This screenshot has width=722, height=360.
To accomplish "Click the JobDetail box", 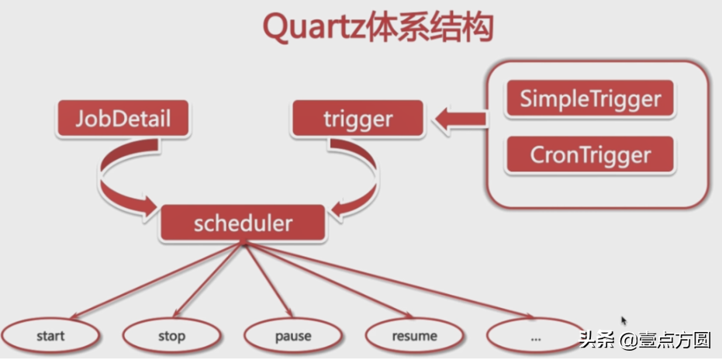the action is coord(123,119).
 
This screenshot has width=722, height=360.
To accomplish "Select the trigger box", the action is coord(358,119).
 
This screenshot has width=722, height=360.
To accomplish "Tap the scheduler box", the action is coord(243,223).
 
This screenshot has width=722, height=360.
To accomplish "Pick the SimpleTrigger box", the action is coord(590,99).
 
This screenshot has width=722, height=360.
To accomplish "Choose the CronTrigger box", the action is coord(590,155).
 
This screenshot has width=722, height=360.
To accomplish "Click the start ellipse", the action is coord(50,336).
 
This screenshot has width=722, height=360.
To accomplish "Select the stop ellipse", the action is coord(171,336).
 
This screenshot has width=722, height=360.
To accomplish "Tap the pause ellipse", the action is coord(293,336).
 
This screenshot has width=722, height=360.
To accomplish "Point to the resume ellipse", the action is coord(414,336).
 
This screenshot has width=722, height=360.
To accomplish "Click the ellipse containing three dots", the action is coord(535,336).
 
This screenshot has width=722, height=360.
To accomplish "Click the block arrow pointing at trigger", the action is coord(460,119).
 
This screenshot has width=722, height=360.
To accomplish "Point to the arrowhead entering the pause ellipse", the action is coord(288,312).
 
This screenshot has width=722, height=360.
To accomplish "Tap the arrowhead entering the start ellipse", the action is coord(74,316).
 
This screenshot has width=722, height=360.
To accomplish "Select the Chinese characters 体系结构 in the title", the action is coord(430,28).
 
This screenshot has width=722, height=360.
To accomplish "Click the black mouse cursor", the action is coord(624,321).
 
